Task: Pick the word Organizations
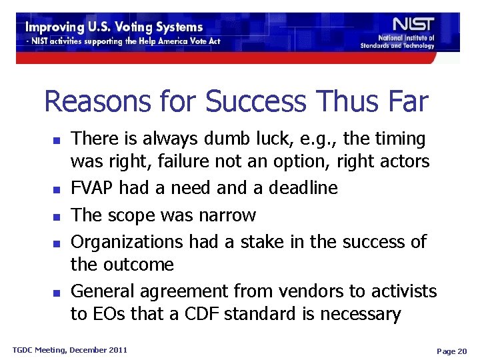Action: (127, 241)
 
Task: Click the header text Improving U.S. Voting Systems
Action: (114, 27)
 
